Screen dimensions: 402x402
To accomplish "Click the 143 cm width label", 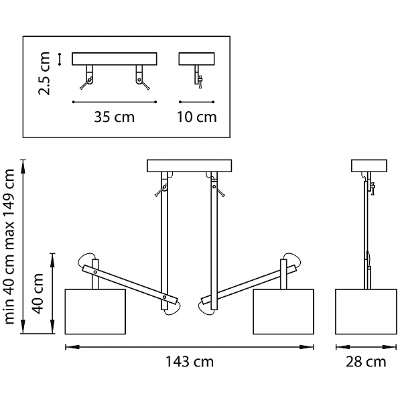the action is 190,362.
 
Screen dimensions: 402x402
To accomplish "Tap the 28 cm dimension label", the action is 366,362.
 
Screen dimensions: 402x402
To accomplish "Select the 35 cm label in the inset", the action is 115,117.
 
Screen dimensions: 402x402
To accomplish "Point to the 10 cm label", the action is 196,117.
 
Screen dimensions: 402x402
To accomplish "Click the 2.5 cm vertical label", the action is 44,73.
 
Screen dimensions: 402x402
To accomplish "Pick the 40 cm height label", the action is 38,293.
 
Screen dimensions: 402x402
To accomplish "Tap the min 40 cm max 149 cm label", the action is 9,247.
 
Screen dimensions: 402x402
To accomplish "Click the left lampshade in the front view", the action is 95,312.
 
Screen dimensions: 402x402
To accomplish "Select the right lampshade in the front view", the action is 283,312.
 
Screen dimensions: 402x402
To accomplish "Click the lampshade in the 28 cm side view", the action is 366,312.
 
